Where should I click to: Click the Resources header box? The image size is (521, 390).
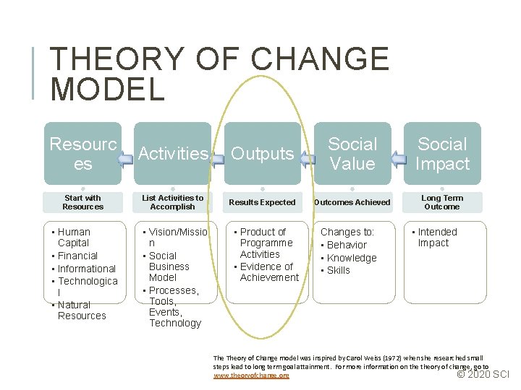[82, 154]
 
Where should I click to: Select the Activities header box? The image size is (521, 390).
[172, 154]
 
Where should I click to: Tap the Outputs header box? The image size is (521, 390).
[262, 154]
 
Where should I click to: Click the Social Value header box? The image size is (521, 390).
[352, 154]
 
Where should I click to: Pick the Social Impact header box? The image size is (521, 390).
[442, 154]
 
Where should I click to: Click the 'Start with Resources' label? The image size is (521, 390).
[82, 202]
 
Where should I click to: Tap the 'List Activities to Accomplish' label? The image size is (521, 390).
[172, 202]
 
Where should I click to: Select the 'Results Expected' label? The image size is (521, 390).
[262, 202]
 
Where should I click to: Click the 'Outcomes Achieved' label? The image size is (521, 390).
[352, 202]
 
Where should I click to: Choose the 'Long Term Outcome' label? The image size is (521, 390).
[442, 202]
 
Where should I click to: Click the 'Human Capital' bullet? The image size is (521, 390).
[74, 238]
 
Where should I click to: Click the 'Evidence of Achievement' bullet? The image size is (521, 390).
[268, 272]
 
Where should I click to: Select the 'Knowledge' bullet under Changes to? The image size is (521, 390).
[351, 258]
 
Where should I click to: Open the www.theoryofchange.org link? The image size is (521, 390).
[251, 376]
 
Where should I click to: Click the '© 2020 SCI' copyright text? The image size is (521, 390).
[483, 374]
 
